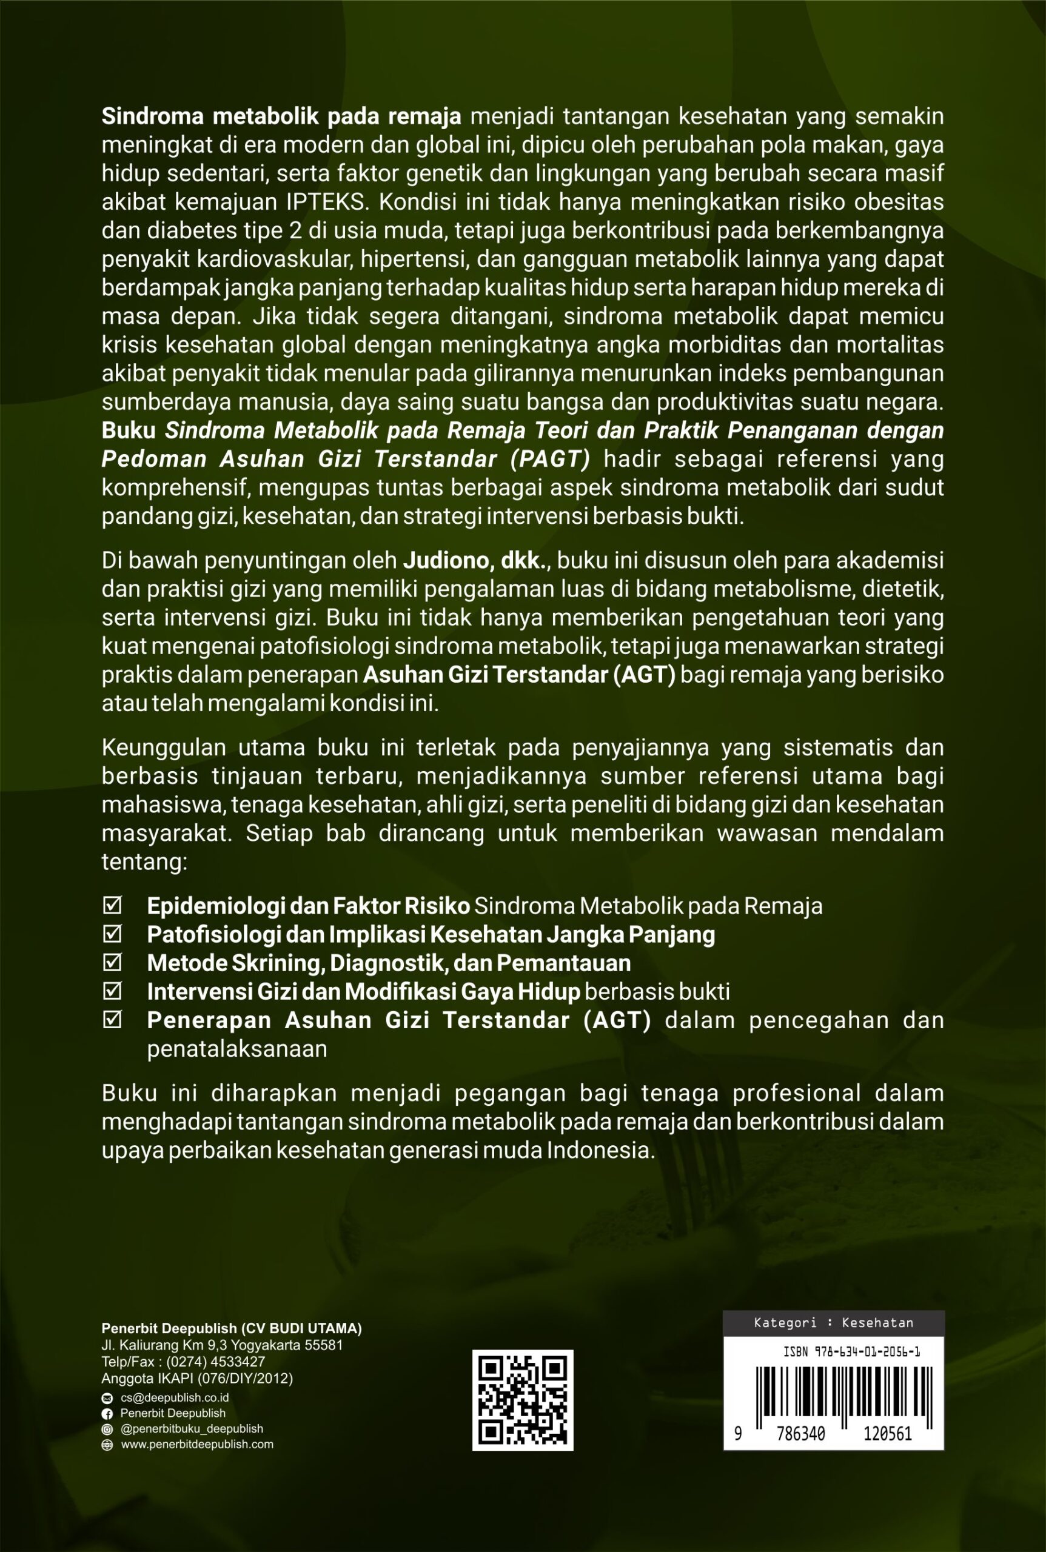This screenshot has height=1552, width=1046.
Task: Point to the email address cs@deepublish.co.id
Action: click(x=175, y=1397)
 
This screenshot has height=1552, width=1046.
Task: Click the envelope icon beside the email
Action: click(x=107, y=1398)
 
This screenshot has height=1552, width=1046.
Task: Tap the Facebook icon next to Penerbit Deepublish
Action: click(x=107, y=1413)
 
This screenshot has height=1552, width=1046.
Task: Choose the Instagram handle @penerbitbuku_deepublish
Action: click(x=192, y=1428)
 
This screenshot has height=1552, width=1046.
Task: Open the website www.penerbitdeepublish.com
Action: click(x=197, y=1444)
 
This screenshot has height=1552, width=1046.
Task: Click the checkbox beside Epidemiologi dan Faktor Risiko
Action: click(x=112, y=906)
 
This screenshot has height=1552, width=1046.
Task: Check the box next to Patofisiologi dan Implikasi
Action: click(x=112, y=934)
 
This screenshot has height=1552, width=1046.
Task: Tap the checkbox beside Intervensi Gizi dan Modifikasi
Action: click(x=112, y=992)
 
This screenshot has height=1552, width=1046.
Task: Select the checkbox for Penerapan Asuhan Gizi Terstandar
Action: click(x=112, y=1020)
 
